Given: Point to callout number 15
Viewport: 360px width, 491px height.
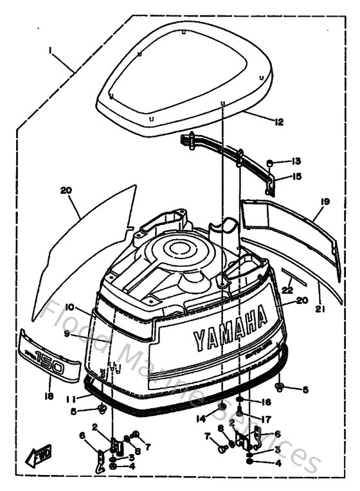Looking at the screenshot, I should (x=296, y=176).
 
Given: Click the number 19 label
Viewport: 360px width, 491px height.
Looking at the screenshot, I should (x=325, y=201).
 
